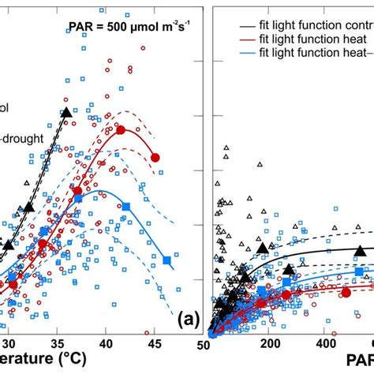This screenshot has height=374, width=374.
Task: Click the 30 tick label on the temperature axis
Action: [x=9, y=343]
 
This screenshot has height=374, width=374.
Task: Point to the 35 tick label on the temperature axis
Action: [x=58, y=343]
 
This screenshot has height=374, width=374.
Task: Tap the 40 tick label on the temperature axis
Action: [x=106, y=343]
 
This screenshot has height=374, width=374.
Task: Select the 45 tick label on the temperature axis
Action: [x=154, y=343]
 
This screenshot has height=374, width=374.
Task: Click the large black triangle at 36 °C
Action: [x=66, y=113]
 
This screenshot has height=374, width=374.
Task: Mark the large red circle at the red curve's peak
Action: [x=121, y=129]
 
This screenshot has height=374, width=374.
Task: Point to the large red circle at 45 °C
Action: [x=155, y=158]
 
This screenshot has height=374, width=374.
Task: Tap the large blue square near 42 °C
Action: [x=125, y=207]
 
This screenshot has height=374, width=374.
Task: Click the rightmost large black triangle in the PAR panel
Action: [x=360, y=252]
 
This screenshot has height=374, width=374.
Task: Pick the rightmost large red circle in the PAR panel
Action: [x=346, y=292]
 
